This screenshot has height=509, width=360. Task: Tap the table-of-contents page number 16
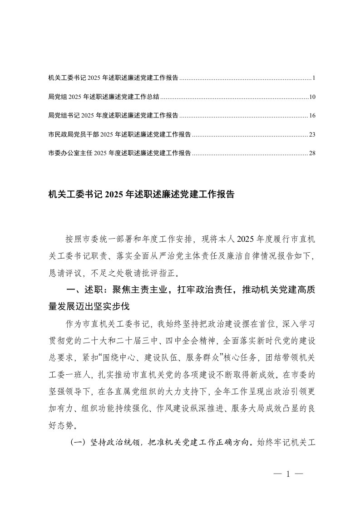click(x=312, y=116)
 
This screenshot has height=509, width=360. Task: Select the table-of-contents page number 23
click(x=312, y=135)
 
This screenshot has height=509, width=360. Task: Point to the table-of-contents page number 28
click(x=312, y=153)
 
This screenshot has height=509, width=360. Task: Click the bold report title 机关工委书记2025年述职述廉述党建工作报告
click(x=141, y=195)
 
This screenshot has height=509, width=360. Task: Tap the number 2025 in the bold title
click(x=114, y=195)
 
